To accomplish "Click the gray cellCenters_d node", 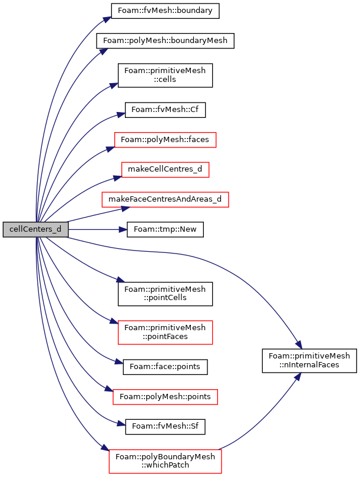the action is pyautogui.click(x=35, y=229).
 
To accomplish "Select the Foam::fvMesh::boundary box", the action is pyautogui.click(x=165, y=11).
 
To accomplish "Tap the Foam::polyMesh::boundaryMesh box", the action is pyautogui.click(x=165, y=41).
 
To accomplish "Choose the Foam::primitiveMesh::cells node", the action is pyautogui.click(x=165, y=75).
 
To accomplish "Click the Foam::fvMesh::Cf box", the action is pyautogui.click(x=165, y=110).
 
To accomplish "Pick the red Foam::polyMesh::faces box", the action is pyautogui.click(x=165, y=140).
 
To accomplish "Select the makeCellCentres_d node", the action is pyautogui.click(x=165, y=169).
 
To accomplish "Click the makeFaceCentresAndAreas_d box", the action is pyautogui.click(x=165, y=199).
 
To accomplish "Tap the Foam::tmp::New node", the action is pyautogui.click(x=165, y=229).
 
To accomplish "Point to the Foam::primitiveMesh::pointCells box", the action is pyautogui.click(x=165, y=294).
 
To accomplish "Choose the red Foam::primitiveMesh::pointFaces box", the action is pyautogui.click(x=165, y=332).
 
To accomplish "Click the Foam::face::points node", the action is pyautogui.click(x=165, y=367).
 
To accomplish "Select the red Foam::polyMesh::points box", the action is pyautogui.click(x=165, y=397).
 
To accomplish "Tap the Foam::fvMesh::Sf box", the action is pyautogui.click(x=165, y=427).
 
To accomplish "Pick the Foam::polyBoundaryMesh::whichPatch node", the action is pyautogui.click(x=165, y=461).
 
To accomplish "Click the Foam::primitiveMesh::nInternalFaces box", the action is pyautogui.click(x=309, y=361).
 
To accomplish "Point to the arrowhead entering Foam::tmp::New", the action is pyautogui.click(x=123, y=229).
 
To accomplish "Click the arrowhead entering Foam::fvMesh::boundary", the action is pyautogui.click(x=107, y=19).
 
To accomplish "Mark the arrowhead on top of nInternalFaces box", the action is pyautogui.click(x=299, y=344).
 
